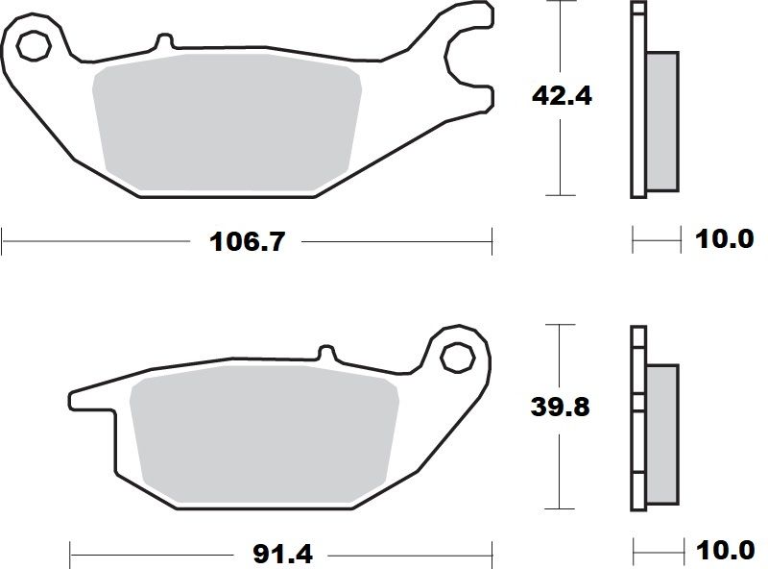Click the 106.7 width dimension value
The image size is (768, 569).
click(247, 241)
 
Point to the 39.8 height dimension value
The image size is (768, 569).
click(561, 407)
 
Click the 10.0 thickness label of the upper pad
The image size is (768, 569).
click(726, 239)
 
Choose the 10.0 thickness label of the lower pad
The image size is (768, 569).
click(726, 553)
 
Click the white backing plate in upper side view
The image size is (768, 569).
click(638, 101)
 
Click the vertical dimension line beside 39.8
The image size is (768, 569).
click(560, 461)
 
